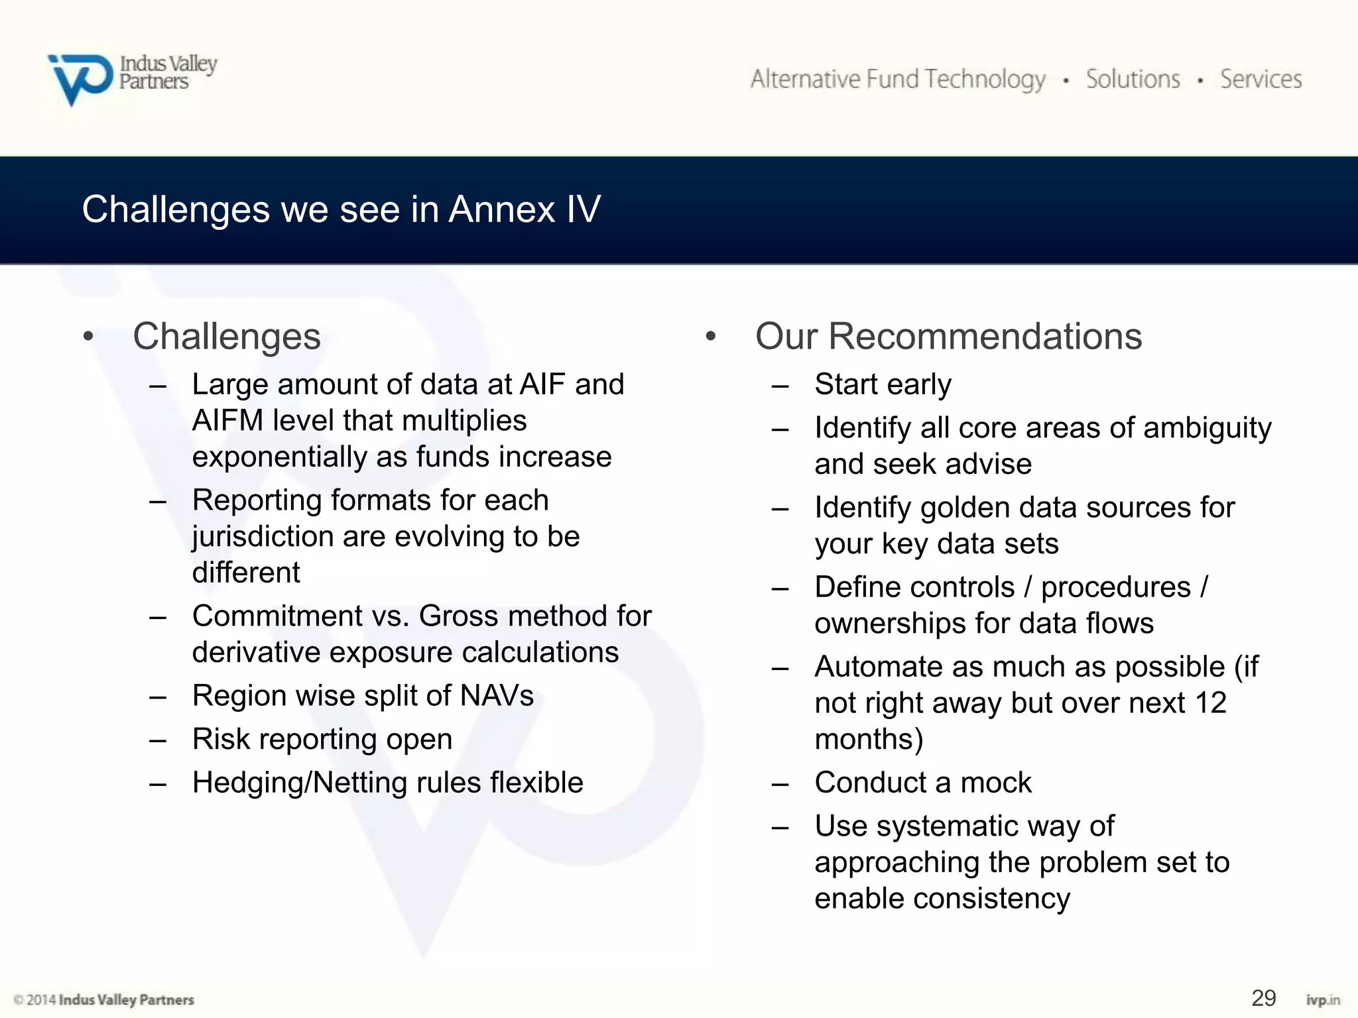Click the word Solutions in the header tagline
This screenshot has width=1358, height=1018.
(x=1133, y=80)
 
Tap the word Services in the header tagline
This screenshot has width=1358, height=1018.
(x=1261, y=80)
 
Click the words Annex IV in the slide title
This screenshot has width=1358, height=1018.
(x=525, y=209)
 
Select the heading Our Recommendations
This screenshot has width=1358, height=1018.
(x=948, y=336)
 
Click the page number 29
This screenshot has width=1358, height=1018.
(x=1263, y=997)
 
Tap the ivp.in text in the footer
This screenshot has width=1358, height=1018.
(x=1322, y=999)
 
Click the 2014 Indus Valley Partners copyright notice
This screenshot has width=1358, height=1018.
(x=104, y=999)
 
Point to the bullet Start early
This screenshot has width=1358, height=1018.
(x=883, y=384)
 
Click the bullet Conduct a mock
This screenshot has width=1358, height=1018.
(x=922, y=783)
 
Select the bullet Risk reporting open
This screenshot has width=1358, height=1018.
(x=322, y=739)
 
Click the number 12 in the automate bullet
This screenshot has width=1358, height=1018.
(x=1211, y=703)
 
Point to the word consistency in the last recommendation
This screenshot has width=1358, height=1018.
(x=991, y=899)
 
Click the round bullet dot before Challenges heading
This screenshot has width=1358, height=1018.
(x=88, y=337)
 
